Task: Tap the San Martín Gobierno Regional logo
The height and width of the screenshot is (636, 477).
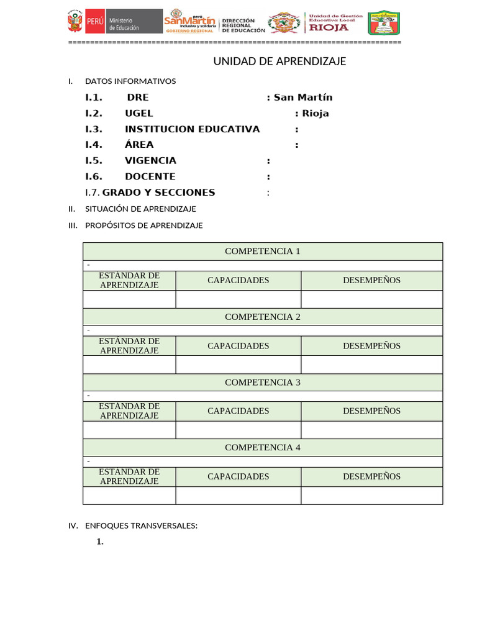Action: click(x=189, y=22)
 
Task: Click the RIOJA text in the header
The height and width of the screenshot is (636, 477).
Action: click(x=329, y=27)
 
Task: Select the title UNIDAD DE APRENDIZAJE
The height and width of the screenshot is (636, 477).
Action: click(x=279, y=61)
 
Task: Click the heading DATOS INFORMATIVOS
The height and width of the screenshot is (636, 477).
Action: click(x=130, y=81)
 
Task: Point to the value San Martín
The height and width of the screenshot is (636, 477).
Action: click(x=303, y=98)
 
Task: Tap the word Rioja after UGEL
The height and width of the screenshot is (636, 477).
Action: click(x=316, y=114)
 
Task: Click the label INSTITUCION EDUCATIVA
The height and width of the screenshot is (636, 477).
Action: click(x=193, y=129)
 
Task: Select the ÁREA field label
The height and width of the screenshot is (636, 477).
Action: click(x=139, y=145)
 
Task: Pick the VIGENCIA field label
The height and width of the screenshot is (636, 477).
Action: click(x=150, y=160)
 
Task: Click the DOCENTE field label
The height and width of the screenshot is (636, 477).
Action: click(x=150, y=176)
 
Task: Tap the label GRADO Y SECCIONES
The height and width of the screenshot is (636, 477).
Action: click(x=158, y=193)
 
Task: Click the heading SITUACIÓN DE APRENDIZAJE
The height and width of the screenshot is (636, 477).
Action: click(x=140, y=209)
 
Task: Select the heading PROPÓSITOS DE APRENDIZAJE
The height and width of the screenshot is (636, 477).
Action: click(x=144, y=225)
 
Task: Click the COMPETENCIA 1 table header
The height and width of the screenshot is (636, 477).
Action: click(x=263, y=252)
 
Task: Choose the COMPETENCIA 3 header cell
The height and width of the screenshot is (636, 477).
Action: click(x=263, y=383)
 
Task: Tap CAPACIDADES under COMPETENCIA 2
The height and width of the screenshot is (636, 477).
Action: click(x=238, y=346)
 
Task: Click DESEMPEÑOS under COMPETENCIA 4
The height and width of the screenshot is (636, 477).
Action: click(x=371, y=476)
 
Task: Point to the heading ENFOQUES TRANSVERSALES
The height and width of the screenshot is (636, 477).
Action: click(x=141, y=526)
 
